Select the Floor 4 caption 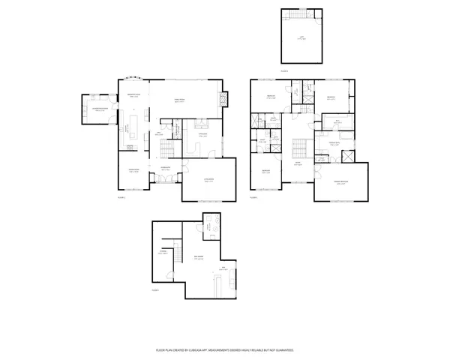[x=284, y=71]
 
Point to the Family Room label [x=180, y=100]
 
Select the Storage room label [x=163, y=253]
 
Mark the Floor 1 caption [x=157, y=289]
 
